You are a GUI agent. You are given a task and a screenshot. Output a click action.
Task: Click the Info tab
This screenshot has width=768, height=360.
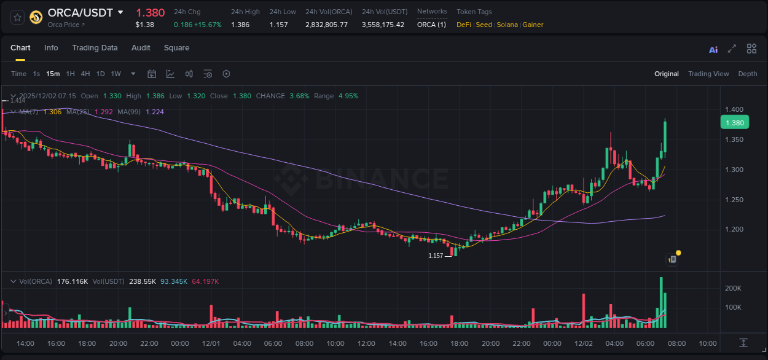51,48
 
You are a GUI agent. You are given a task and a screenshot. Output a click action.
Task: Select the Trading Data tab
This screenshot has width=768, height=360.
95,48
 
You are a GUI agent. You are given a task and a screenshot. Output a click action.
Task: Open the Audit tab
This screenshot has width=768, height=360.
141,48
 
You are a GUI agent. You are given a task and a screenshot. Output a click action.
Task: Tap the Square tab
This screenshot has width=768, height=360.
176,48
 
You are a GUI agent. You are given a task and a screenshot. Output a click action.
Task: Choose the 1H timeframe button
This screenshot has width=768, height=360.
70,74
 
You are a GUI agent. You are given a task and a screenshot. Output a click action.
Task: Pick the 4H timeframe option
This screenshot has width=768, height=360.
85,74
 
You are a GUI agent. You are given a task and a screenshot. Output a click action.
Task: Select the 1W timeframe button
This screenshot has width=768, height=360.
116,74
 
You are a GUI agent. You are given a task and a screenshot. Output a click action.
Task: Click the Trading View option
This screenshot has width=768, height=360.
708,74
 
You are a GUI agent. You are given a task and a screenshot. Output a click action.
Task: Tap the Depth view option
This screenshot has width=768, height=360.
748,74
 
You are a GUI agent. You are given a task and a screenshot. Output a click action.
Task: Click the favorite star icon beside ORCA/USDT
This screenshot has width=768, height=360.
17,17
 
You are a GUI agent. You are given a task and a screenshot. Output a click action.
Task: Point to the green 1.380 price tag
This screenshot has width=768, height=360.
734,122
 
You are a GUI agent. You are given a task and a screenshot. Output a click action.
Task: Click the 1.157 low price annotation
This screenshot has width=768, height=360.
436,256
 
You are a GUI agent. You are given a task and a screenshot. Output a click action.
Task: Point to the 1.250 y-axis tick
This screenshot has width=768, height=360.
735,200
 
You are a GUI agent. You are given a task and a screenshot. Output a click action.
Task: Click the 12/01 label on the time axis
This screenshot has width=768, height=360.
211,343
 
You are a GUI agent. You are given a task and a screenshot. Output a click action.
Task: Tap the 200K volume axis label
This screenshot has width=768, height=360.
733,288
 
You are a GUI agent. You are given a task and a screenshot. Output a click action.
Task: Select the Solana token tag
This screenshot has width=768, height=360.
507,25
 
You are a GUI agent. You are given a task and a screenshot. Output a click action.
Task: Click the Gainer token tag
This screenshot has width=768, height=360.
533,25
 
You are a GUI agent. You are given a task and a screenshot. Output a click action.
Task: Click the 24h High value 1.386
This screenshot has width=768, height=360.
240,25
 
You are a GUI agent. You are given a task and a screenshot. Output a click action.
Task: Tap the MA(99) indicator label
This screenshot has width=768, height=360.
129,112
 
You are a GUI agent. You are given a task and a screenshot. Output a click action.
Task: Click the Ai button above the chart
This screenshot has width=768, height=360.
713,49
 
